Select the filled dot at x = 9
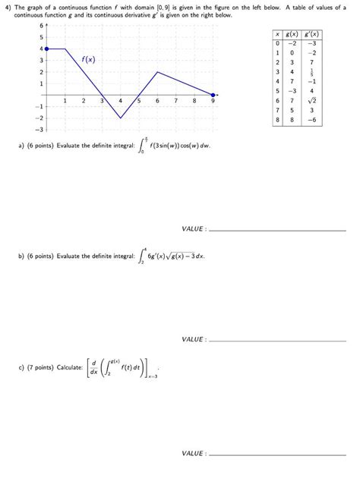click(213, 95)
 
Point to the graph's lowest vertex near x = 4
click(121, 118)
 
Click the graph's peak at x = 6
click(157, 72)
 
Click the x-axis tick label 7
click(176, 100)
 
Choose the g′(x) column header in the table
click(311, 34)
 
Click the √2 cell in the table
click(311, 99)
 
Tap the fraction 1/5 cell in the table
click(311, 72)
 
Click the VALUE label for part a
click(194, 228)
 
